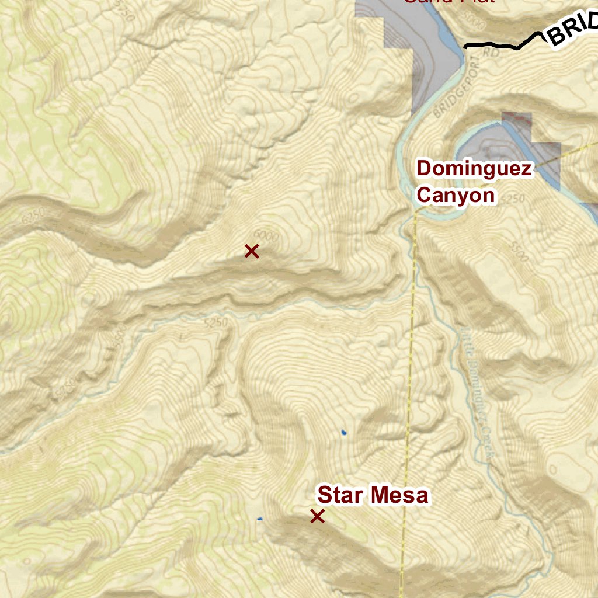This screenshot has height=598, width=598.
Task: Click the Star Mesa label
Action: [x=373, y=495]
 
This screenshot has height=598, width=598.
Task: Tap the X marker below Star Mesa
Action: [x=317, y=516]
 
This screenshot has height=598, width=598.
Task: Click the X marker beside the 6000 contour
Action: [x=252, y=251]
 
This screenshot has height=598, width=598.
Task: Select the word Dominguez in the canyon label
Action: [x=474, y=169]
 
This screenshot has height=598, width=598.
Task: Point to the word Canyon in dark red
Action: [x=456, y=195]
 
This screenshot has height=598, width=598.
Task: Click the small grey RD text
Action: [x=492, y=53]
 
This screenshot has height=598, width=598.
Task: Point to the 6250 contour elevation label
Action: [x=32, y=217]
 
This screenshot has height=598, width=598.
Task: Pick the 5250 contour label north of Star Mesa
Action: [x=215, y=322]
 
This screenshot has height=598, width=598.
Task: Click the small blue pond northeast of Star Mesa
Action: [x=344, y=433]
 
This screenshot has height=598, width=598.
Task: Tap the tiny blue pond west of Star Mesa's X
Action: [x=260, y=519]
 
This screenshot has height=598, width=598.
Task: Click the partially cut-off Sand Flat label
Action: [x=450, y=2]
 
